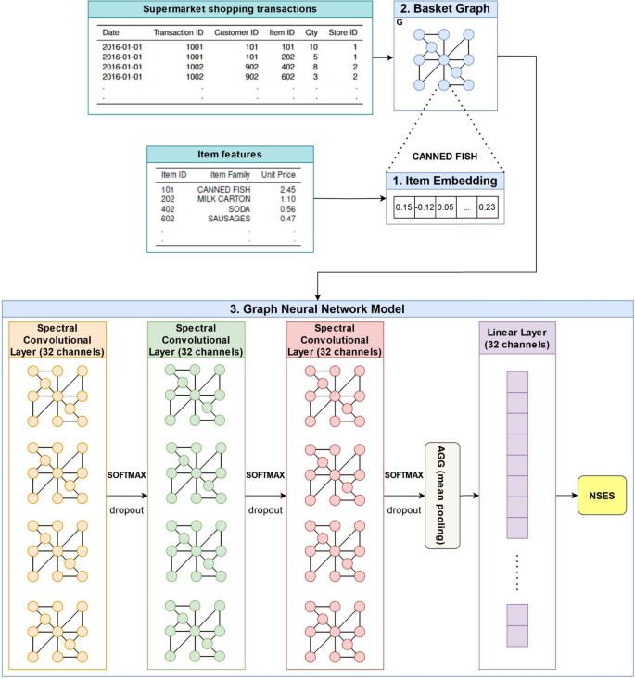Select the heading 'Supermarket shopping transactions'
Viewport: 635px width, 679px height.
click(x=231, y=10)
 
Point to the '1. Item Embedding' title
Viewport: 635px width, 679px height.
click(x=445, y=181)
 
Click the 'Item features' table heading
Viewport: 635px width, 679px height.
click(x=230, y=155)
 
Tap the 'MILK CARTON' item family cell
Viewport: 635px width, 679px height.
click(x=225, y=198)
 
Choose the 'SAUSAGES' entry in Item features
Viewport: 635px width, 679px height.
click(x=225, y=219)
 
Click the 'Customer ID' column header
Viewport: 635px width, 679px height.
click(x=236, y=32)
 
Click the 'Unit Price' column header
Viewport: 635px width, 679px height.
click(x=280, y=174)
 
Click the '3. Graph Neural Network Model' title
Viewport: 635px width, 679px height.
click(x=317, y=308)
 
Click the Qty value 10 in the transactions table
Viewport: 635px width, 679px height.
click(x=313, y=44)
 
